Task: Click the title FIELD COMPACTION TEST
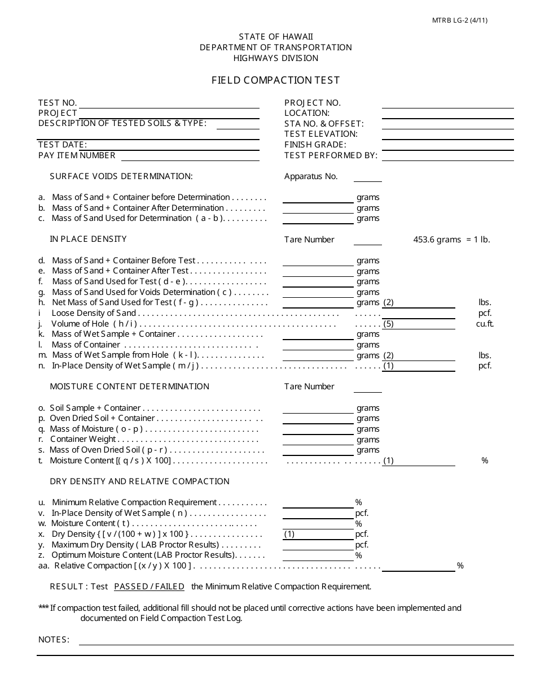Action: coord(275,80)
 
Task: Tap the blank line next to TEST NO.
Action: coord(169,103)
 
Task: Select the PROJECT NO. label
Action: coord(313,103)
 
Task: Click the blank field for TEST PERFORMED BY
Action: coord(447,156)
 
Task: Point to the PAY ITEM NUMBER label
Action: coord(77,155)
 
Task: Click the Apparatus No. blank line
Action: coord(367,177)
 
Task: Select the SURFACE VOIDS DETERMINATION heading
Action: coord(121,176)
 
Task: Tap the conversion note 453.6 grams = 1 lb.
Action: coord(451,240)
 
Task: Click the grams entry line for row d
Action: coord(318,261)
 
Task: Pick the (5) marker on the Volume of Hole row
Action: coord(388,324)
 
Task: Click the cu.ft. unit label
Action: coord(485,324)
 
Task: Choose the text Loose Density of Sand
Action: coord(94,313)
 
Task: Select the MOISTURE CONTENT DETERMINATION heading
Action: coord(129,386)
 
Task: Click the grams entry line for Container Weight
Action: coord(318,440)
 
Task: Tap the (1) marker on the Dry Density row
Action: coord(289,534)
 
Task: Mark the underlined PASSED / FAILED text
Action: coord(149,587)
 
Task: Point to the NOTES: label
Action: coord(54,640)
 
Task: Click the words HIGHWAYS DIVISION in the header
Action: coord(275,58)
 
